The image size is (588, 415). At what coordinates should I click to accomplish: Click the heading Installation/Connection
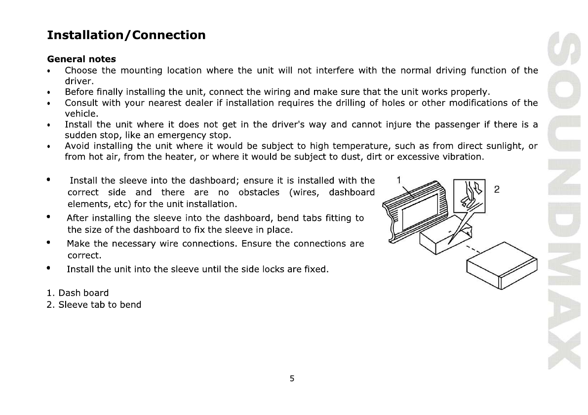tap(126, 35)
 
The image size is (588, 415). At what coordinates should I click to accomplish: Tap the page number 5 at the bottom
tap(292, 379)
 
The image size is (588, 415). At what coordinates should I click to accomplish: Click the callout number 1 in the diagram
tap(399, 180)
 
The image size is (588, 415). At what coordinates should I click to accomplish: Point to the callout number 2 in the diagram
tap(497, 189)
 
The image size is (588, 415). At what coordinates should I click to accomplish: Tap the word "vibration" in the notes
tap(463, 157)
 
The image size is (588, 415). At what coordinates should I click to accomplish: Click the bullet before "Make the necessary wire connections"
tap(48, 243)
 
